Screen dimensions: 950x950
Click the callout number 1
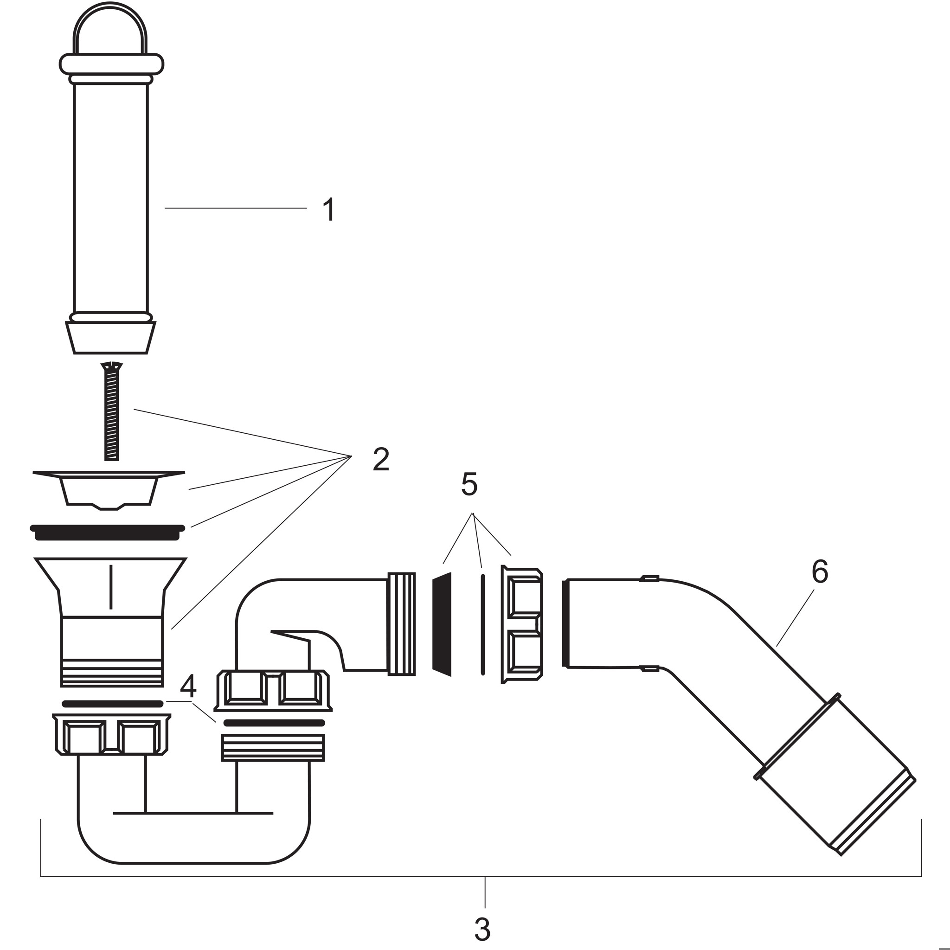tap(329, 210)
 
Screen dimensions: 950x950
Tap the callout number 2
tap(381, 459)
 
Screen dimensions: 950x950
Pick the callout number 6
tap(820, 572)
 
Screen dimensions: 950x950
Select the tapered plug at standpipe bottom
tap(111, 337)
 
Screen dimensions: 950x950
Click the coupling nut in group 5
tap(522, 624)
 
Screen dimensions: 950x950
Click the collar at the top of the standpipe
tap(111, 64)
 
